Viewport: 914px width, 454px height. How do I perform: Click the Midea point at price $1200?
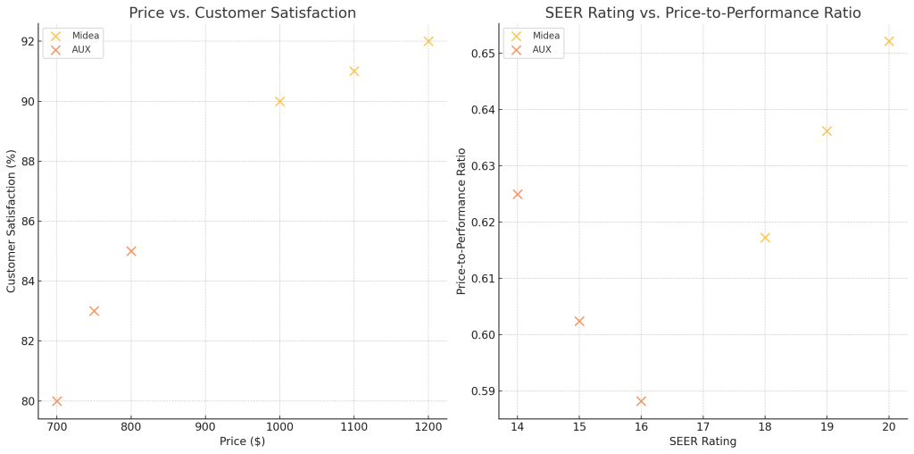point(428,41)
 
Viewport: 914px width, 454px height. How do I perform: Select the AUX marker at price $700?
point(57,401)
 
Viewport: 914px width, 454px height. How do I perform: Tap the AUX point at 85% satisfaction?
point(131,251)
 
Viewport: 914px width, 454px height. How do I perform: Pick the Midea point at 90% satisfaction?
point(280,101)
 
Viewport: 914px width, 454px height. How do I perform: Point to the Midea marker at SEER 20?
point(889,41)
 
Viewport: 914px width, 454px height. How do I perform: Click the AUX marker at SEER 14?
point(517,194)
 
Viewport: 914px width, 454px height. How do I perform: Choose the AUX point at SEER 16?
point(641,401)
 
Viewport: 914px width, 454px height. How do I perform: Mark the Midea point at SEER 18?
point(765,238)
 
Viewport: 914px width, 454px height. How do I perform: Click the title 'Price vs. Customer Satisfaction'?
point(242,13)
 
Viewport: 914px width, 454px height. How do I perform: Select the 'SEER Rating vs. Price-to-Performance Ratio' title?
point(702,13)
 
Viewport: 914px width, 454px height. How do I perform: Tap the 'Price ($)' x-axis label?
point(242,441)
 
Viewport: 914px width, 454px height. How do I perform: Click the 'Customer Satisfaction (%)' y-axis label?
point(12,221)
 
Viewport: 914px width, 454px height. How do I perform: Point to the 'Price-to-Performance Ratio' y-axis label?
point(461,221)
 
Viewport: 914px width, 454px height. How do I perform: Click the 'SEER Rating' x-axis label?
point(702,441)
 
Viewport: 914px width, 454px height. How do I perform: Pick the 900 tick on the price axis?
point(205,427)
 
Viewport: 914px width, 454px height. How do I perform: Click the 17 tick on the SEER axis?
point(702,427)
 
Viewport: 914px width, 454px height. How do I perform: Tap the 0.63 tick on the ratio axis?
point(483,166)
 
